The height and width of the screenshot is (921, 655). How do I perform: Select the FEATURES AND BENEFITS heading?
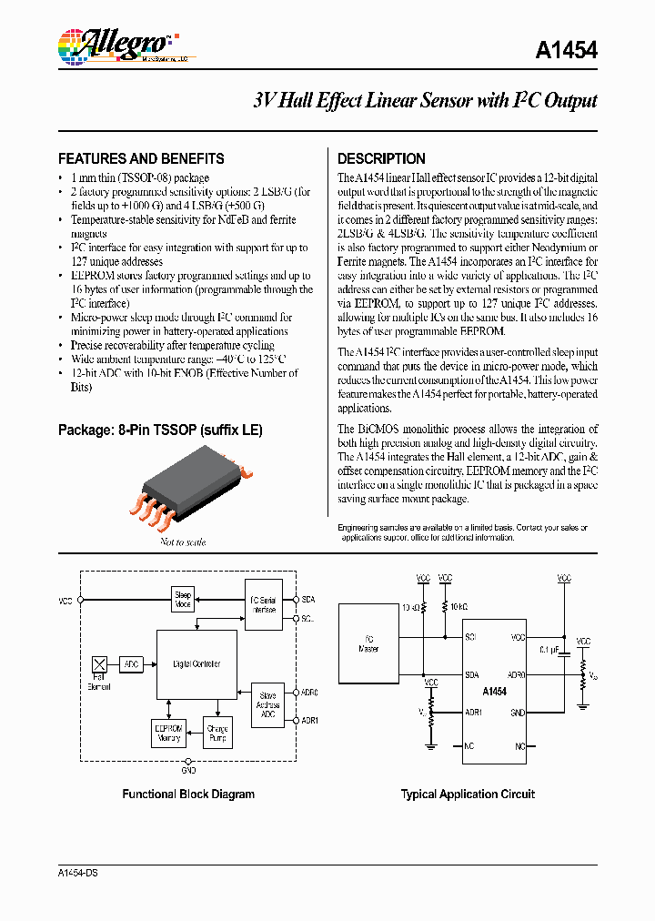click(x=141, y=158)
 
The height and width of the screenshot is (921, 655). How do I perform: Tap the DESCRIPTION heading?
click(x=381, y=158)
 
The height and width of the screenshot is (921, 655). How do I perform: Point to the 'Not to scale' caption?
click(x=183, y=542)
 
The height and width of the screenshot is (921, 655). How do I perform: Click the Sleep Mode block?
click(x=183, y=600)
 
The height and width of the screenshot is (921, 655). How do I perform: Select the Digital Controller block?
click(x=196, y=664)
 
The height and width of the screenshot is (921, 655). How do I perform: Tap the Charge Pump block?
click(x=217, y=734)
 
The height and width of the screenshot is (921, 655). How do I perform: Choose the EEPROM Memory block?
click(x=167, y=734)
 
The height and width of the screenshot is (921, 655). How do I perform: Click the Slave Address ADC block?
click(x=267, y=705)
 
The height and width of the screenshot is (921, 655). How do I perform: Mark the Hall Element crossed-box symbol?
click(x=100, y=664)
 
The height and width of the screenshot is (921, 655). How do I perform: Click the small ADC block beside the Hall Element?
click(x=131, y=664)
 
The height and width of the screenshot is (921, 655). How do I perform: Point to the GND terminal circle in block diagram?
click(x=188, y=761)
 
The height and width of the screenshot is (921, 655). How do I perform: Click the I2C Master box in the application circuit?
click(x=368, y=644)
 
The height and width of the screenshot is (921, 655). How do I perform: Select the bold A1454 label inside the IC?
click(x=494, y=693)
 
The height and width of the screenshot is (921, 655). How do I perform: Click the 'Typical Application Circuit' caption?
click(x=468, y=794)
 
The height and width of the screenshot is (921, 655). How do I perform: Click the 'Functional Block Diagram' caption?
click(x=188, y=794)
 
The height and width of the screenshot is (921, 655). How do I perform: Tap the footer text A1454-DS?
click(x=77, y=873)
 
